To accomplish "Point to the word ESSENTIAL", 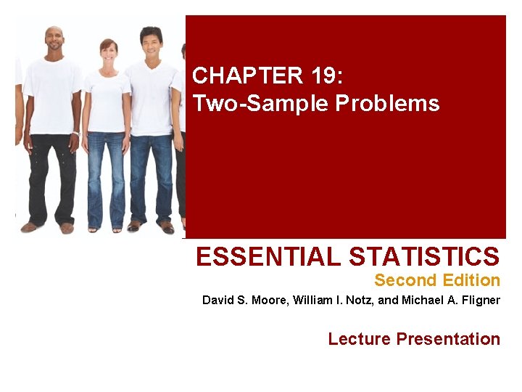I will click(269, 256).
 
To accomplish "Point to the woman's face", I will click(109, 52).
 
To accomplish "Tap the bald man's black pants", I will click(51, 174).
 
